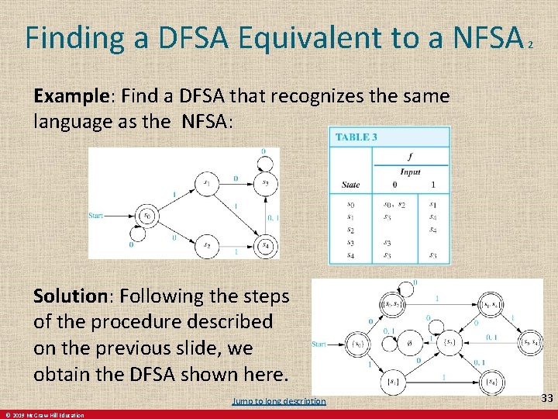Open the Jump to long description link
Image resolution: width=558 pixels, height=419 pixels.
[x=279, y=401]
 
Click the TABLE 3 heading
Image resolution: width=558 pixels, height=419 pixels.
[x=356, y=137]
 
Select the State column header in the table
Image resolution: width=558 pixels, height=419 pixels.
[x=350, y=185]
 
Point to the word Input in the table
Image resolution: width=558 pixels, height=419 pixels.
[x=410, y=171]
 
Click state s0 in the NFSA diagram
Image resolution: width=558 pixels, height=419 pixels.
[x=144, y=215]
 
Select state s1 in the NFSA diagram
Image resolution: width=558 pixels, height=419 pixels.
[x=206, y=183]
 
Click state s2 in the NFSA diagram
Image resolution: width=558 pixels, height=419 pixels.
[x=207, y=246]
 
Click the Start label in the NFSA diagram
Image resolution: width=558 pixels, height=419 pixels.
[x=97, y=215]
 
